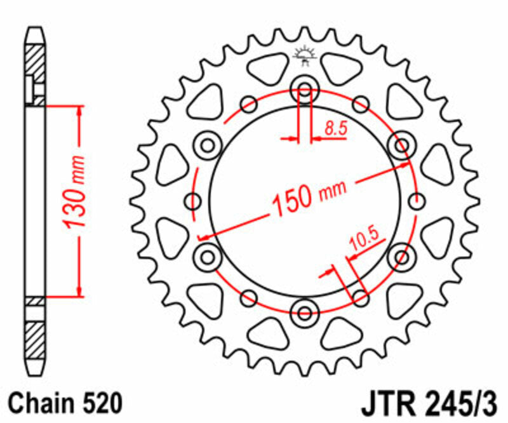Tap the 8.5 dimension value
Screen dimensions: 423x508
[x=335, y=128]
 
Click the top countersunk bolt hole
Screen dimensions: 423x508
[x=304, y=91]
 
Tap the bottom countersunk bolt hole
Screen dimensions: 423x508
[x=304, y=312]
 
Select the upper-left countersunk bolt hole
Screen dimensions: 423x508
[x=208, y=146]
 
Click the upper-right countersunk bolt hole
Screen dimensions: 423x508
[x=401, y=146]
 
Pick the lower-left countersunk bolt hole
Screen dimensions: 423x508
[x=208, y=257]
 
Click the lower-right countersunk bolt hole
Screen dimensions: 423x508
[x=401, y=257]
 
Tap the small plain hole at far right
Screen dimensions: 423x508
[x=417, y=202]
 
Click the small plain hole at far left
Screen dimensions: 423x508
[x=192, y=202]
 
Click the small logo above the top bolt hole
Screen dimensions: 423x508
[x=304, y=57]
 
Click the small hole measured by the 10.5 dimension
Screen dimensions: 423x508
[x=360, y=296]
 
